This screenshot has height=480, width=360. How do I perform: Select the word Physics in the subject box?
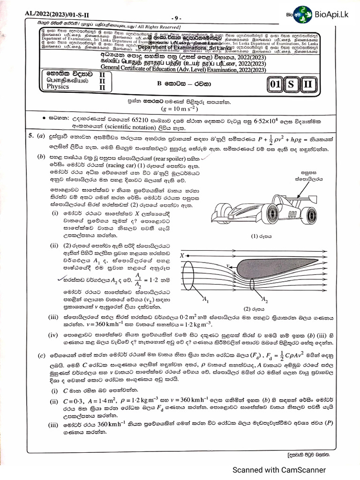pos(58,87)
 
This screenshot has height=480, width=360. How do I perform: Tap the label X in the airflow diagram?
pos(182,255)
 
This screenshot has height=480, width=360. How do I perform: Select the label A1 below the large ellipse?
pos(205,298)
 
